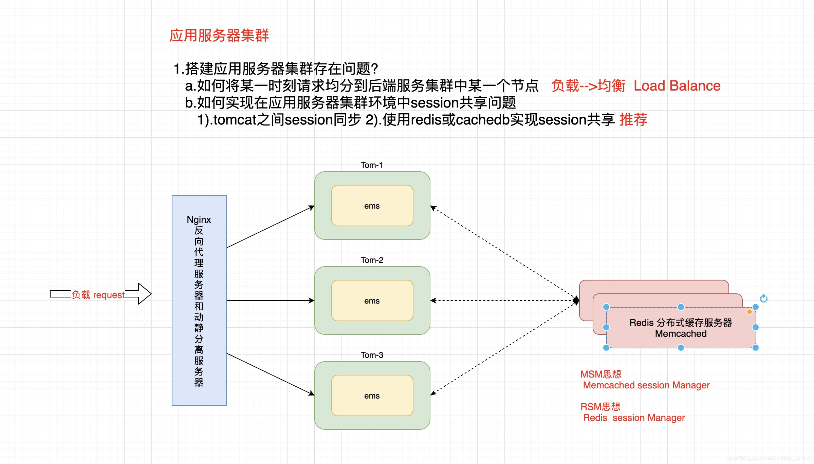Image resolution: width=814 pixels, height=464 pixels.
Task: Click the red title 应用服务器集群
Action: coord(219,36)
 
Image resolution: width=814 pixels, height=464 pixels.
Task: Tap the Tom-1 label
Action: coord(372,165)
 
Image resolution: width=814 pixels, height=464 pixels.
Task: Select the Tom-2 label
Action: coord(372,260)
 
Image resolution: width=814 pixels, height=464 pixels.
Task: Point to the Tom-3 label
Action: coord(372,355)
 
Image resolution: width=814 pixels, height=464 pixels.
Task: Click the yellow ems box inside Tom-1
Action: coord(372,206)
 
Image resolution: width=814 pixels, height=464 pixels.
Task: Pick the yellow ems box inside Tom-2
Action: coord(372,301)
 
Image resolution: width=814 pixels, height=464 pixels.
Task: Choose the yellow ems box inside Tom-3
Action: coord(372,395)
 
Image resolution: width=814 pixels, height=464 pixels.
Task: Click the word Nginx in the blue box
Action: coord(199,220)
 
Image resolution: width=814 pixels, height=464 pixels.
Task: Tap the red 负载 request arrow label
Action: coord(98,295)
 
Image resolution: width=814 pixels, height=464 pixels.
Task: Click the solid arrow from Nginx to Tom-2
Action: coord(270,301)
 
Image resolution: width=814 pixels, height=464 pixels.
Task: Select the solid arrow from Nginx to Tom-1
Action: coord(270,227)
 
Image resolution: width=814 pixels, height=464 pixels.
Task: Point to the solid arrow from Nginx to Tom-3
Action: coord(270,374)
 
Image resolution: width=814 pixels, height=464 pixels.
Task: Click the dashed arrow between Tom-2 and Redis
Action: coord(504,301)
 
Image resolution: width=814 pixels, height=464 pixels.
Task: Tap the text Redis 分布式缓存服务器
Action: coord(681,323)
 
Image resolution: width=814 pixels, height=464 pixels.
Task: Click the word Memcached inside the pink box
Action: coord(681,334)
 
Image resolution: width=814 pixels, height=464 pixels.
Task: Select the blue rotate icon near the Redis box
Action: coord(763,298)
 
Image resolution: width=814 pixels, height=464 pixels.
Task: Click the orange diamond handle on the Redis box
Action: coord(749,312)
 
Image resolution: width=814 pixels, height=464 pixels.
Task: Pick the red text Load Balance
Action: coord(677,86)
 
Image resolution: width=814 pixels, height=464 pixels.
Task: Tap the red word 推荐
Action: coord(633,120)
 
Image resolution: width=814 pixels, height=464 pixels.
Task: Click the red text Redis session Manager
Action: coord(634,418)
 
